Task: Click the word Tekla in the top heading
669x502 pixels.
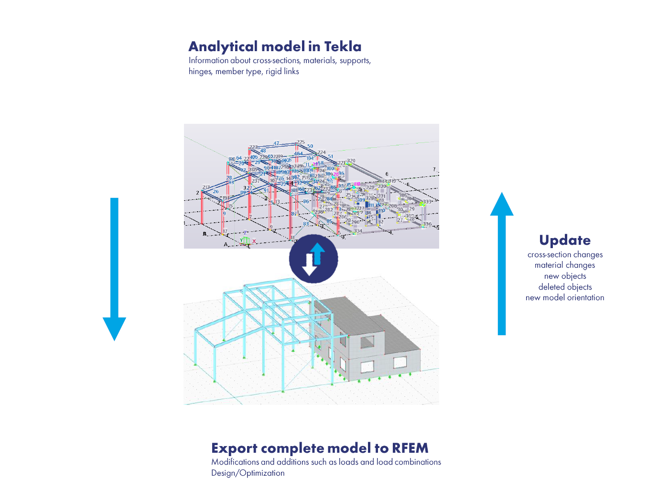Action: (343, 46)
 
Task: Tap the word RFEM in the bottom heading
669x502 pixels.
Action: (410, 448)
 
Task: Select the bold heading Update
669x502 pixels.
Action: (565, 240)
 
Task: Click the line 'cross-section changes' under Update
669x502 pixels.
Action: (565, 255)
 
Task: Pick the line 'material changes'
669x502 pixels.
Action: (565, 265)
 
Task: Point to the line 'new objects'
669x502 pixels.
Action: (565, 276)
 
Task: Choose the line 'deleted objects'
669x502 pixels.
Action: (565, 287)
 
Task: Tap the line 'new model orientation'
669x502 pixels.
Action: (565, 298)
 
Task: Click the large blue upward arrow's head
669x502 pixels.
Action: (502, 205)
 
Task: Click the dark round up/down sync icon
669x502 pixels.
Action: (313, 259)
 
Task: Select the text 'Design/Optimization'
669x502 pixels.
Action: (248, 473)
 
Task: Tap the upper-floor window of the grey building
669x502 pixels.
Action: (367, 341)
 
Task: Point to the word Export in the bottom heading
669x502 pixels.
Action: (234, 448)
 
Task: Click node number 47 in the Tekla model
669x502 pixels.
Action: (276, 143)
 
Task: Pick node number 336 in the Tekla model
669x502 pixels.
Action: (427, 224)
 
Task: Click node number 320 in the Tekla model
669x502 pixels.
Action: (351, 161)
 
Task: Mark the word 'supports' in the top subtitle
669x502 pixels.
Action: (355, 61)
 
